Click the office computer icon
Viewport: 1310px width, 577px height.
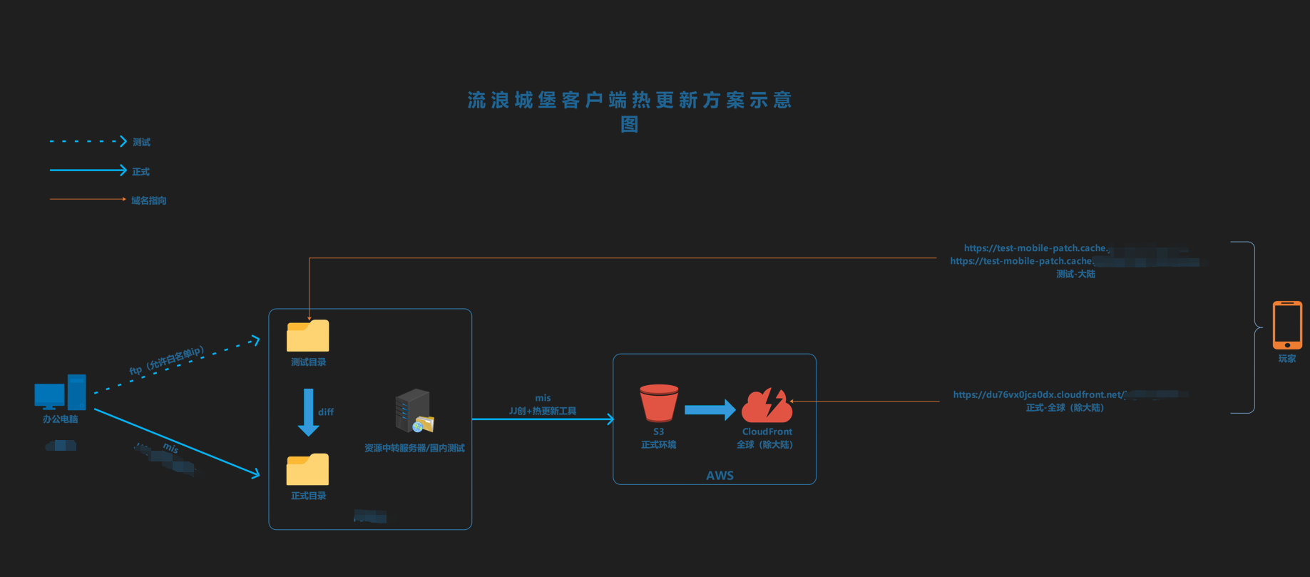[60, 393]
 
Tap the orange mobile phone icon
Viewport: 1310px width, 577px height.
[1286, 325]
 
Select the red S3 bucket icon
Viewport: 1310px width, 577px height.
[658, 403]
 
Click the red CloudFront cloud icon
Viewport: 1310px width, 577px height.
[767, 405]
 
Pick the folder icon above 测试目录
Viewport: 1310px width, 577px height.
[307, 336]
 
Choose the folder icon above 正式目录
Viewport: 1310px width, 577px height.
[307, 470]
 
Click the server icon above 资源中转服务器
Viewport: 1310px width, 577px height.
[414, 412]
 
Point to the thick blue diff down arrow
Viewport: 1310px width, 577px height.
[308, 412]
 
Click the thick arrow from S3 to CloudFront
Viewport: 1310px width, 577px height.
[710, 409]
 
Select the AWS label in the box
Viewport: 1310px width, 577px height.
[720, 476]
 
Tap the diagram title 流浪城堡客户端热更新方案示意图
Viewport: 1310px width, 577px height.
[630, 111]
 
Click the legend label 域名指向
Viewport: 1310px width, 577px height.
[148, 200]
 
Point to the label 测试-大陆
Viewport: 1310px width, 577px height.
[1075, 274]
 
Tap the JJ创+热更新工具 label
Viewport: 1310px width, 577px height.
[543, 411]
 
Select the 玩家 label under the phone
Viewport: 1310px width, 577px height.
[1286, 359]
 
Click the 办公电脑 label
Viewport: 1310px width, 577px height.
[60, 419]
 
